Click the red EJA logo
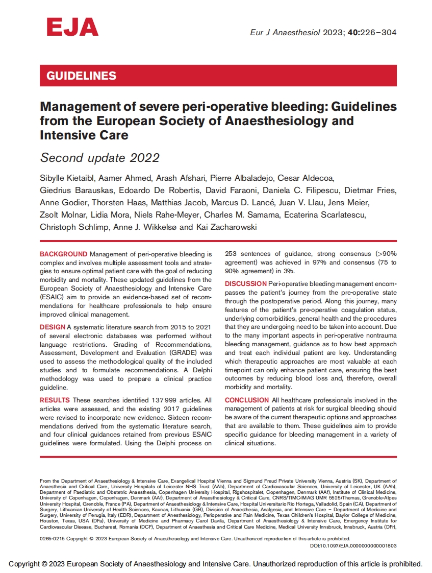click(72, 27)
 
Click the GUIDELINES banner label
click(82, 76)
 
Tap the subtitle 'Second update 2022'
click(100, 157)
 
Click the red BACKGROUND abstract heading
click(64, 254)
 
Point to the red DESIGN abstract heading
click(53, 327)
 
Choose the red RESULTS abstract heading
click(55, 400)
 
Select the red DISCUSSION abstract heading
click(245, 283)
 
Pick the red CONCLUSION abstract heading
click(246, 400)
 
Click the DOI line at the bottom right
click(353, 545)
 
